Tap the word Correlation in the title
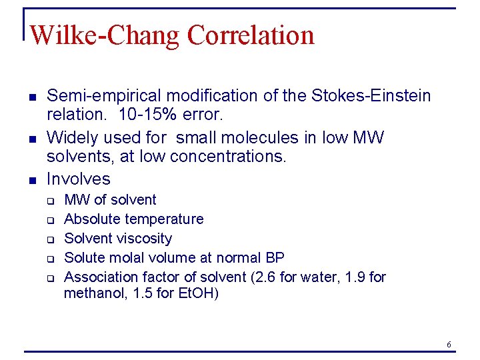(x=251, y=35)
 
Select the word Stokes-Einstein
(x=370, y=96)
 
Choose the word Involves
(x=79, y=179)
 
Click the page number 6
(x=449, y=344)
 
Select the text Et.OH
(x=196, y=293)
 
